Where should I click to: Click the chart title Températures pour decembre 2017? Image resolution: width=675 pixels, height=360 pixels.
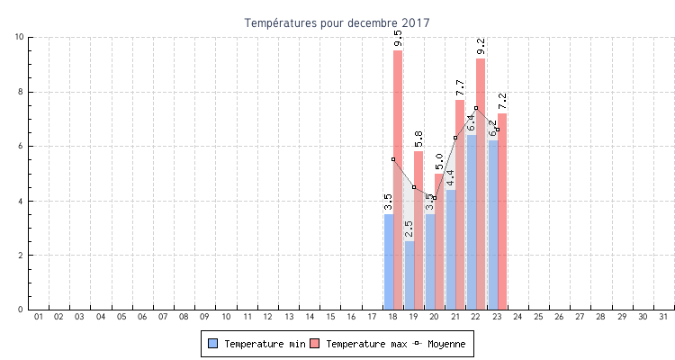[x=337, y=22]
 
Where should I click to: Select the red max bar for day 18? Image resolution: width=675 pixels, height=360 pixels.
[x=398, y=180]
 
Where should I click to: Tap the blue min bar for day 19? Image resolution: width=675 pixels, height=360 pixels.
[x=409, y=275]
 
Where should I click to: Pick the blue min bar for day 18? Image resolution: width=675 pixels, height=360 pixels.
[x=389, y=262]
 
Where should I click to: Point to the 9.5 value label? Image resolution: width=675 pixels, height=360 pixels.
[x=398, y=39]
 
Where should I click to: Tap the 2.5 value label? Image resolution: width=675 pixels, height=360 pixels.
[x=409, y=229]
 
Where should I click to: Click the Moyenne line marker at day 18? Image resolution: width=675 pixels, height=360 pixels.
[x=393, y=159]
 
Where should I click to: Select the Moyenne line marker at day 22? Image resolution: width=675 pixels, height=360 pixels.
[x=476, y=108]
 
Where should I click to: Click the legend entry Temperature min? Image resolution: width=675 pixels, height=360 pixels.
[x=256, y=344]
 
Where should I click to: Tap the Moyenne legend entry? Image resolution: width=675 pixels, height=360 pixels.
[x=441, y=344]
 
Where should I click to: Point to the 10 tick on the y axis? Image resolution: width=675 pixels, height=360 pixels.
[x=20, y=37]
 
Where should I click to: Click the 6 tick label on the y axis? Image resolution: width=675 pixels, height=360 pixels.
[x=22, y=146]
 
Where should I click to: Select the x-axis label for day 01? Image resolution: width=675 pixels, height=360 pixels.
[x=38, y=317]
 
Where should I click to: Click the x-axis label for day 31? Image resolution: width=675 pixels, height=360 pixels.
[x=663, y=317]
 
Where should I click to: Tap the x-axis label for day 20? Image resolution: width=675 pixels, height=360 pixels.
[x=434, y=317]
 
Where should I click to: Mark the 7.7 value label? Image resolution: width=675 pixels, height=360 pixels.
[x=460, y=88]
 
